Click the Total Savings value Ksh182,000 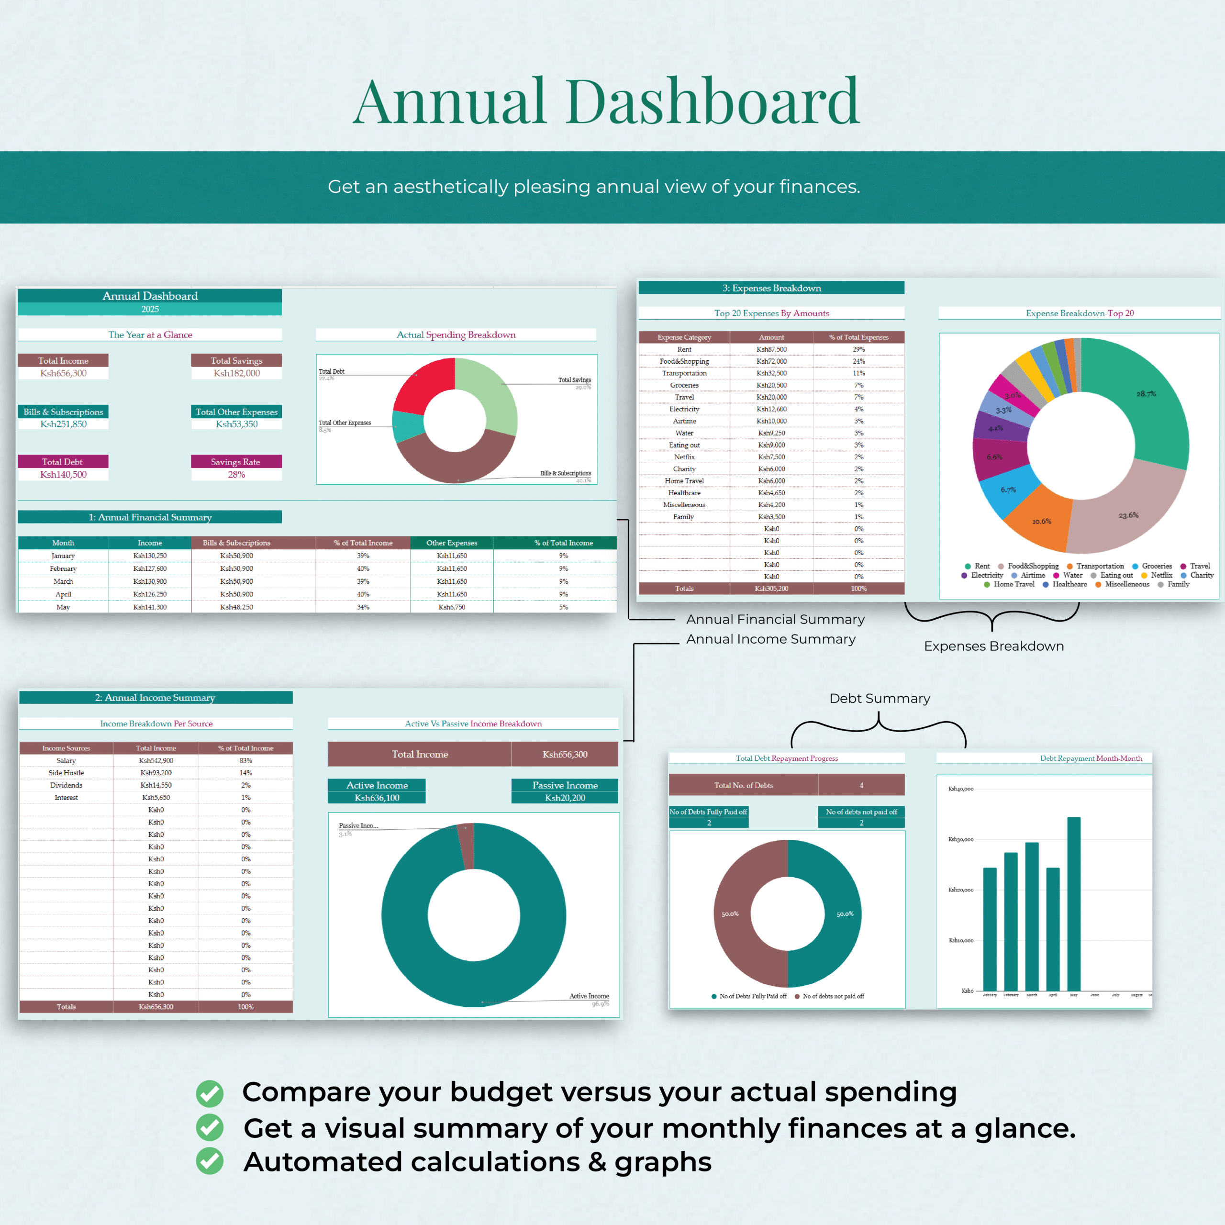click(x=236, y=373)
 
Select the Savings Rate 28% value click(x=236, y=474)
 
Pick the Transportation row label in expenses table click(x=684, y=373)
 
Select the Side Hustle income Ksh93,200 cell click(x=156, y=773)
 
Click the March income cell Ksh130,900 click(x=150, y=581)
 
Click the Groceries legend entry click(x=1156, y=566)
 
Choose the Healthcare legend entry click(x=1069, y=584)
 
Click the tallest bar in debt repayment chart click(x=1073, y=903)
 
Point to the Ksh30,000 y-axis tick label click(x=960, y=839)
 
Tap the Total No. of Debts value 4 click(x=861, y=785)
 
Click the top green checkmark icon click(x=209, y=1093)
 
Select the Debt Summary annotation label click(x=880, y=698)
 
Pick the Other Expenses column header click(x=451, y=543)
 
